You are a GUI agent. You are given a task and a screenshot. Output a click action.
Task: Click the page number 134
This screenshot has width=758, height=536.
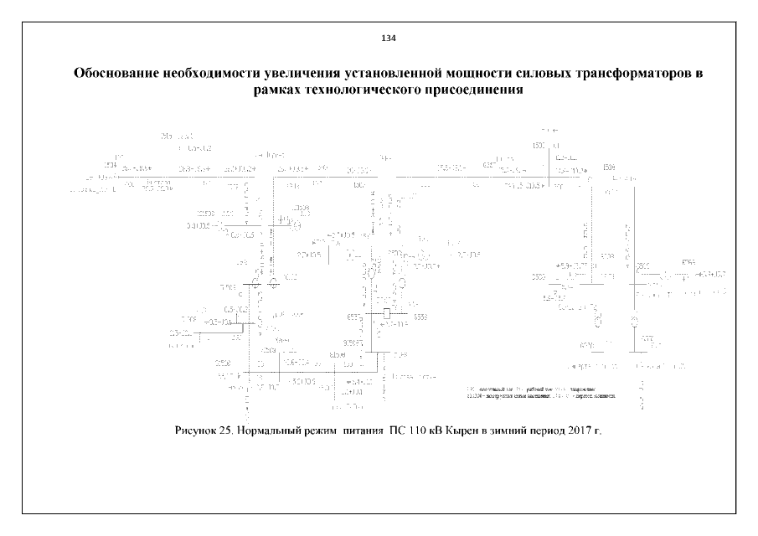[388, 39]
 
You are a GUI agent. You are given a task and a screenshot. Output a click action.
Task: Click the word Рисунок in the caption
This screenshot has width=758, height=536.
[199, 430]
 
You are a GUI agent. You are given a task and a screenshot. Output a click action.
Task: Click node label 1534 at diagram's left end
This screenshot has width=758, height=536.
[109, 166]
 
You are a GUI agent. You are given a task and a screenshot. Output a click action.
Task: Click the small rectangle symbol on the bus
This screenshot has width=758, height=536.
[385, 313]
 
